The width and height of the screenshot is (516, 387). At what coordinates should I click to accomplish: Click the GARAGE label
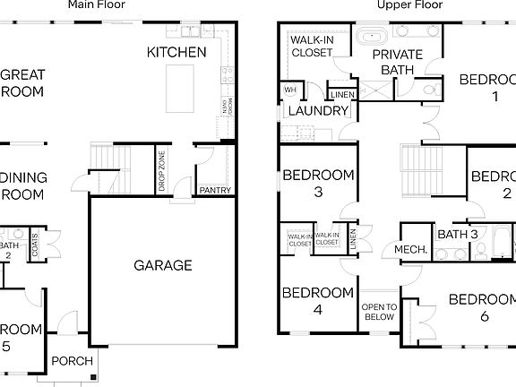163,265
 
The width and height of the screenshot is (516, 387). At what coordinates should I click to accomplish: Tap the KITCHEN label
176,53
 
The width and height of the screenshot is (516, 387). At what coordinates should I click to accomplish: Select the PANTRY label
214,191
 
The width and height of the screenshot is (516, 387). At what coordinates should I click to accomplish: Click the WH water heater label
290,90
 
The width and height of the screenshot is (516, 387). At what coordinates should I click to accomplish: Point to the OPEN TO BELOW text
379,312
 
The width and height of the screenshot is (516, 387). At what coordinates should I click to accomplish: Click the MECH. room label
409,250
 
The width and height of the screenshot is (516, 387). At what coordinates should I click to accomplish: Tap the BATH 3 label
458,235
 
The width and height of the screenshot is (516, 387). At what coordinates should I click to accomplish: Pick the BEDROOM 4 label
318,301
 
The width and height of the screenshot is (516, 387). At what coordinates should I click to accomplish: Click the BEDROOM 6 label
482,307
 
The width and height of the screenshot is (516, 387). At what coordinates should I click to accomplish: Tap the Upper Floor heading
408,5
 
